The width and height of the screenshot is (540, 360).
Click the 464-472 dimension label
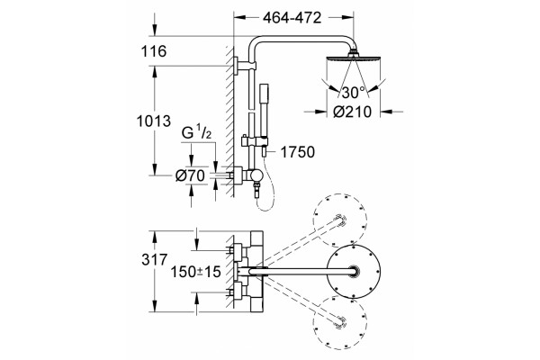point(292,18)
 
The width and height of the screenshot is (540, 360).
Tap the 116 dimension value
point(154,51)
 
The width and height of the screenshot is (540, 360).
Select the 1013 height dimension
point(154,121)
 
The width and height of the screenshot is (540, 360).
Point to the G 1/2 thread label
point(196,132)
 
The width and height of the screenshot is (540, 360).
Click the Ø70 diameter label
point(190,175)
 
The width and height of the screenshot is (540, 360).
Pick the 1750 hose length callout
point(298,152)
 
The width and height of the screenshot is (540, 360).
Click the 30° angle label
point(353,93)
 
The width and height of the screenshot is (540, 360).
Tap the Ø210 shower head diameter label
point(353,112)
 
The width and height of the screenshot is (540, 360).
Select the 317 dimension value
point(154,260)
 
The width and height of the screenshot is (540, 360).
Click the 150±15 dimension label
point(195,272)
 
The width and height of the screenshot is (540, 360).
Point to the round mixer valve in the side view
point(256,176)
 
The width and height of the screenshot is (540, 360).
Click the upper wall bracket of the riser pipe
point(245,66)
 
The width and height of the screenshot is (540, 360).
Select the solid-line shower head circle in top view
point(354,272)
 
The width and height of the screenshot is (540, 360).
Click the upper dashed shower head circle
point(340,220)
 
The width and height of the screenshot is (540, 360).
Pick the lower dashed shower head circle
point(340,322)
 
